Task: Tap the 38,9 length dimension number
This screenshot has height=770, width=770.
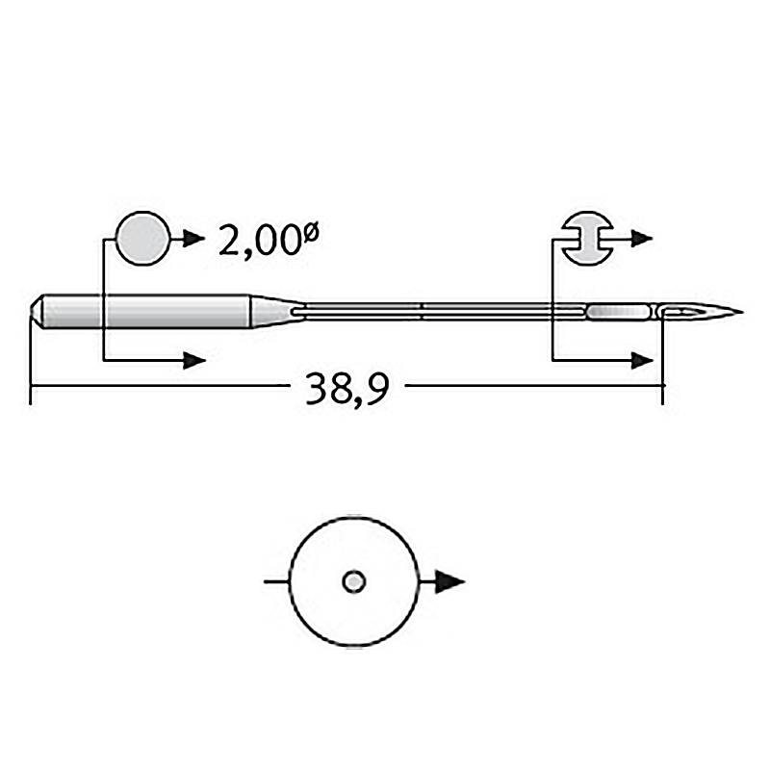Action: click(x=347, y=388)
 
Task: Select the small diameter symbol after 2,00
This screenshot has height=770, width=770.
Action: click(x=311, y=231)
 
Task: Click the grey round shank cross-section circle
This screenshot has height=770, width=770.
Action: click(x=142, y=239)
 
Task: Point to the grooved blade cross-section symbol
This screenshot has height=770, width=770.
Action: click(x=588, y=239)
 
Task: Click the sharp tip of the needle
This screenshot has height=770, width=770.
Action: click(x=742, y=311)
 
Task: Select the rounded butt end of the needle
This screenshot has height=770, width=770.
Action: click(x=38, y=311)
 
